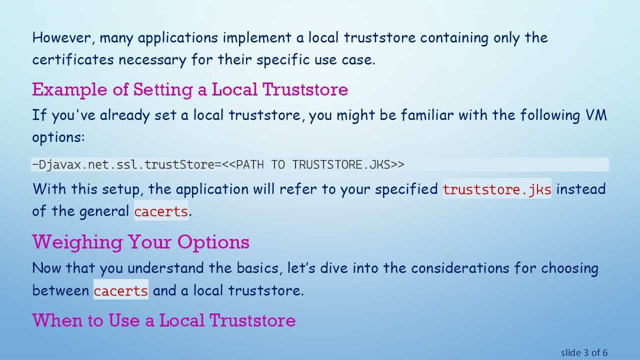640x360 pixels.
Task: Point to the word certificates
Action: [73, 60]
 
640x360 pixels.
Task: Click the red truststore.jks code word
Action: [497, 189]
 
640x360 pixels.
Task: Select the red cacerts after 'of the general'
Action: [161, 211]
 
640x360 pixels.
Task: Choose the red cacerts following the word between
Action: [121, 290]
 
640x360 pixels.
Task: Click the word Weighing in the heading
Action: [77, 242]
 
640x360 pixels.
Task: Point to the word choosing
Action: [570, 268]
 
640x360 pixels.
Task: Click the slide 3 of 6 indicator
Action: [584, 353]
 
